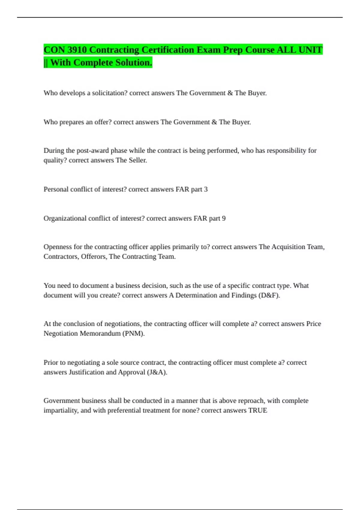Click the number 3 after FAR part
coord(206,189)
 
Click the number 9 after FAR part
coord(224,218)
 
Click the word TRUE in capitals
coord(258,410)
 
